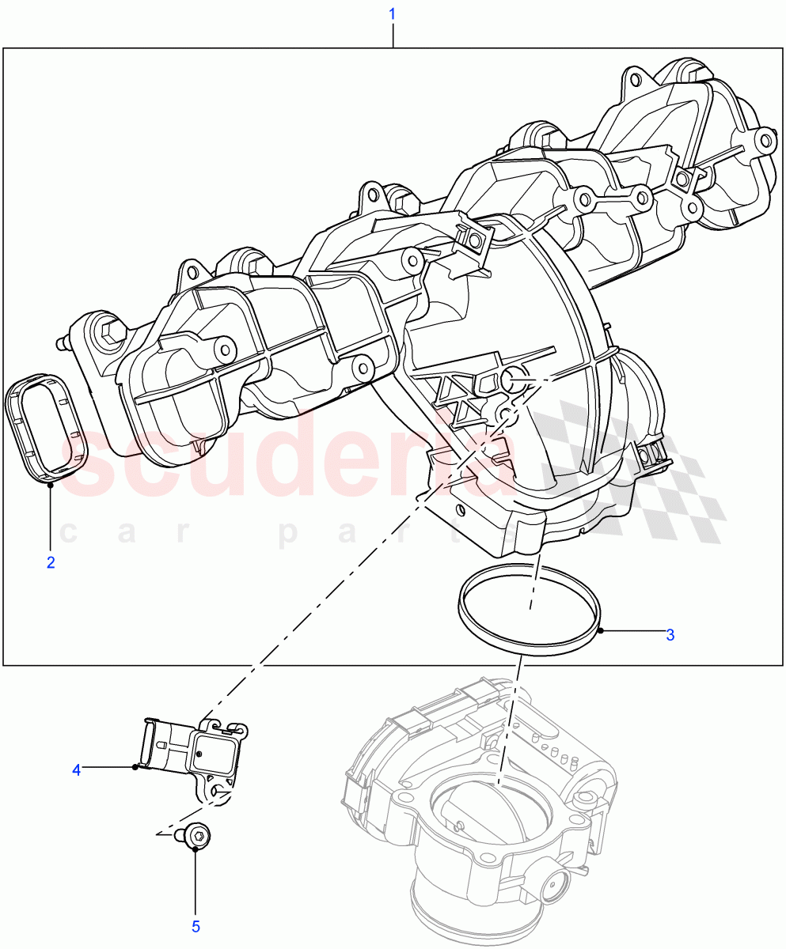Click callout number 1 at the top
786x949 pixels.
point(393,14)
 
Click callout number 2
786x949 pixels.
point(51,563)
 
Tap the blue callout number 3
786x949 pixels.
point(670,634)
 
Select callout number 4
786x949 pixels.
point(77,769)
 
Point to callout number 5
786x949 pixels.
point(196,926)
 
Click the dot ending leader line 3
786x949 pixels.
point(602,630)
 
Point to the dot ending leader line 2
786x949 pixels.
point(51,485)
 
